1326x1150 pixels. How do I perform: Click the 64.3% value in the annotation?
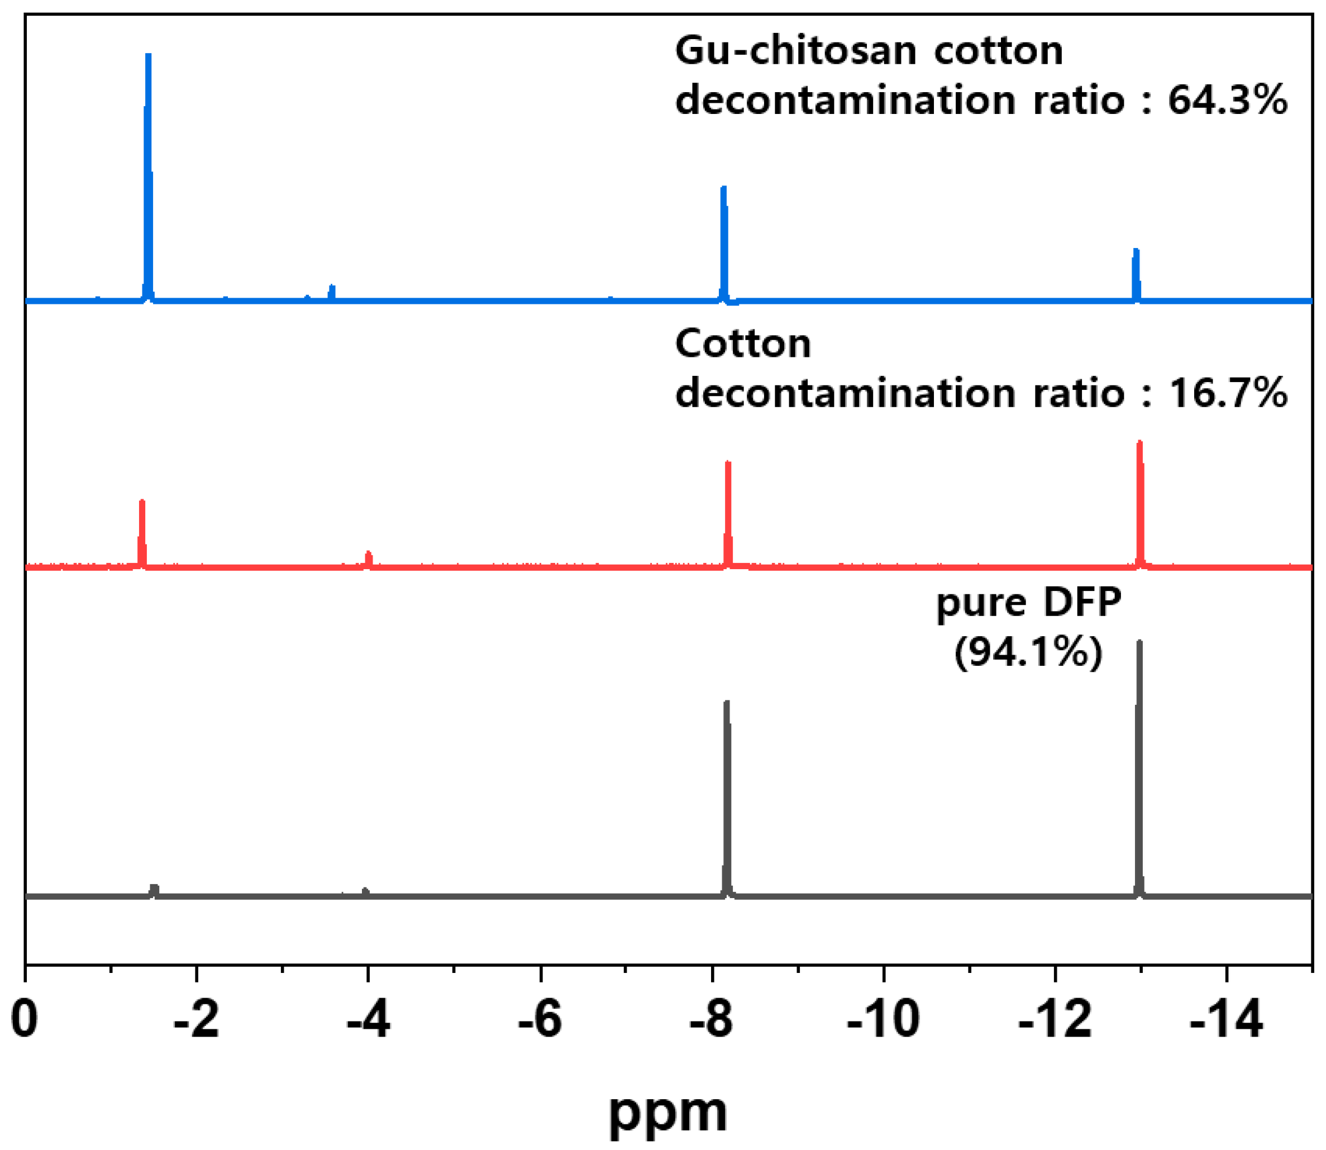pos(1227,101)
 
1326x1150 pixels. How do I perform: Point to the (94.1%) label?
pos(1028,653)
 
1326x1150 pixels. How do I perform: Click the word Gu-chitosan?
pos(796,51)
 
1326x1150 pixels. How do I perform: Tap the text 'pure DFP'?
pos(1028,603)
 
